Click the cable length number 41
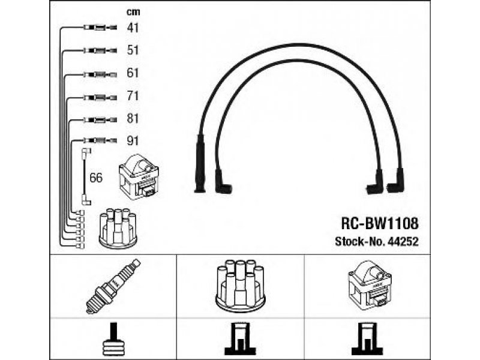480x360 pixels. (133, 28)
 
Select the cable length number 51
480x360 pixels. (133, 50)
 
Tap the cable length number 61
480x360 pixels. (133, 73)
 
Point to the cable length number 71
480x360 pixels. (133, 96)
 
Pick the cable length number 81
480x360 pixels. (133, 118)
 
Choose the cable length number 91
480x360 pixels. (133, 141)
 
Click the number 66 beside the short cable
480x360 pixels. (96, 178)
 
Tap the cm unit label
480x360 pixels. (133, 12)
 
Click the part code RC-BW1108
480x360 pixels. (380, 224)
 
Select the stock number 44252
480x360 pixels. (403, 242)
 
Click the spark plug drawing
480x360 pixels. (113, 286)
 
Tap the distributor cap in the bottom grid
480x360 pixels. (240, 286)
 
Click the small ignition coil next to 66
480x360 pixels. (139, 176)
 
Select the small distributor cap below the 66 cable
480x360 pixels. (118, 228)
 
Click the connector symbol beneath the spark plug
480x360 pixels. (114, 339)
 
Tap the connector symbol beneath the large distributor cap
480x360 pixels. (241, 339)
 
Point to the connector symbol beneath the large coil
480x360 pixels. (367, 339)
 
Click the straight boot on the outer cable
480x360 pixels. (200, 163)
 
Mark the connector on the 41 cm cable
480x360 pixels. (100, 28)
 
